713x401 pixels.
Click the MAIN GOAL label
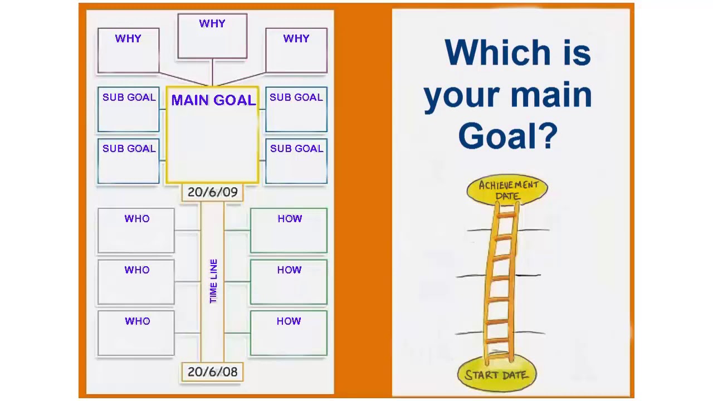[x=213, y=100]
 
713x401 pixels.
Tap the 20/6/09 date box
[x=212, y=192]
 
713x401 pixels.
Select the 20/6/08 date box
[x=212, y=371]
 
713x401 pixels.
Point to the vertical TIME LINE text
[x=213, y=281]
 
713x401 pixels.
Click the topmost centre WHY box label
[x=212, y=24]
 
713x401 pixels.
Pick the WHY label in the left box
[x=128, y=38]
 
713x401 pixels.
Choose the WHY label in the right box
[x=296, y=38]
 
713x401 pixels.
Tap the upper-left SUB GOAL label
[x=129, y=97]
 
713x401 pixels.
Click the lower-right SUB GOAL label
[x=296, y=149]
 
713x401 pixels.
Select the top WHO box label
[x=137, y=219]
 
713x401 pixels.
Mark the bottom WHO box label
[x=137, y=321]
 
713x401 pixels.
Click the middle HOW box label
[x=289, y=270]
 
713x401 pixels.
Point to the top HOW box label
[x=290, y=219]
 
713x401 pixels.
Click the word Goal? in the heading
[x=507, y=135]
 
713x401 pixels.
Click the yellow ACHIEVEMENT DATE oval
[x=507, y=190]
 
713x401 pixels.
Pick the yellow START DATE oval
[x=497, y=375]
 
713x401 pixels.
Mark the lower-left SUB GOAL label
[x=129, y=149]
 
